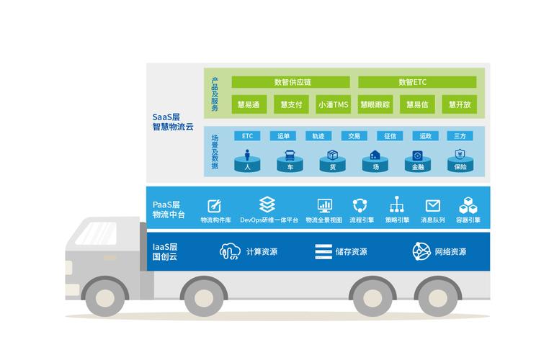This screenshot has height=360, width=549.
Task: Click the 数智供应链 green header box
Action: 291,82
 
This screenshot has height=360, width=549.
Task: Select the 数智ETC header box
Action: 412,82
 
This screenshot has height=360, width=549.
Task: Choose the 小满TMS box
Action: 332,104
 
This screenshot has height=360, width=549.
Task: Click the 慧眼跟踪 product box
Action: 375,104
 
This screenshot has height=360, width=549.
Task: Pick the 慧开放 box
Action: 459,104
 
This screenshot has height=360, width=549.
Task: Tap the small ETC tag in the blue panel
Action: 247,136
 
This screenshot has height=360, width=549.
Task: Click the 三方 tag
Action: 459,136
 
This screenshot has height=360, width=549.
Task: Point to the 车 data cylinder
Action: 290,161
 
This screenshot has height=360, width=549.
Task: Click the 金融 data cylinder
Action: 417,161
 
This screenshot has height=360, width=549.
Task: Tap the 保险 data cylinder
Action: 460,161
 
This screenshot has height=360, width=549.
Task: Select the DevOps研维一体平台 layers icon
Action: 267,204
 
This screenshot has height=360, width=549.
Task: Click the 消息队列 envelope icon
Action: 432,205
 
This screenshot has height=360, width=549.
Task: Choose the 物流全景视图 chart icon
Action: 324,205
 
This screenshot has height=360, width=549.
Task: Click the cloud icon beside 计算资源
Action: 230,251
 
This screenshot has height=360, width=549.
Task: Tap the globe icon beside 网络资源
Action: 421,251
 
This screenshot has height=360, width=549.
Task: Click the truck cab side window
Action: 97,233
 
